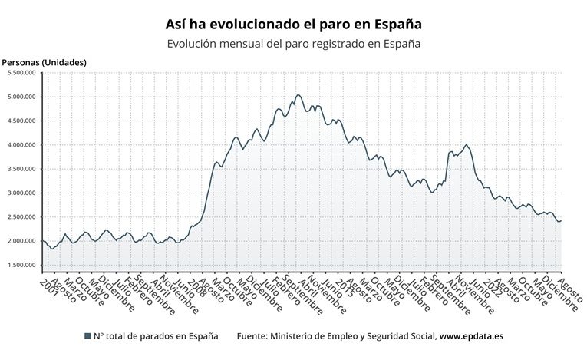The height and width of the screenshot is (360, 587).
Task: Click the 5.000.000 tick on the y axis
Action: pyautogui.click(x=21, y=97)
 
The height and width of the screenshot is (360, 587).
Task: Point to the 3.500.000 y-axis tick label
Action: pyautogui.click(x=21, y=169)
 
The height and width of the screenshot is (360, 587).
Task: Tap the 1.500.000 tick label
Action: pyautogui.click(x=21, y=266)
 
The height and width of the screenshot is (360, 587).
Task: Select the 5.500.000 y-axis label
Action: pyautogui.click(x=21, y=73)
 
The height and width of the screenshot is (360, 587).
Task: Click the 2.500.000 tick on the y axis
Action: pyautogui.click(x=21, y=217)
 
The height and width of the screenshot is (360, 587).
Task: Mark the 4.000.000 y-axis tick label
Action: pyautogui.click(x=21, y=145)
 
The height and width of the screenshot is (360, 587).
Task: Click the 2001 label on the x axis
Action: pyautogui.click(x=48, y=285)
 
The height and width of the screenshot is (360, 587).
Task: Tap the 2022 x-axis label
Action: pyautogui.click(x=496, y=286)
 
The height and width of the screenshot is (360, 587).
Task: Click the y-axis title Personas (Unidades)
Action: pyautogui.click(x=44, y=62)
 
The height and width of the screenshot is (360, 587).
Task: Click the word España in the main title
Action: pyautogui.click(x=397, y=25)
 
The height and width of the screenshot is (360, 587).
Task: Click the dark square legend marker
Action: pyautogui.click(x=87, y=336)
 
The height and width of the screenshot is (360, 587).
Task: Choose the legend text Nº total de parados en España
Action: pyautogui.click(x=156, y=336)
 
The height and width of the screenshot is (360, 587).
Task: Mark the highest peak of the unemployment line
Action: pyautogui.click(x=298, y=95)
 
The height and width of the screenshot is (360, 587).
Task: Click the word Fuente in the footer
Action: pyautogui.click(x=254, y=336)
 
